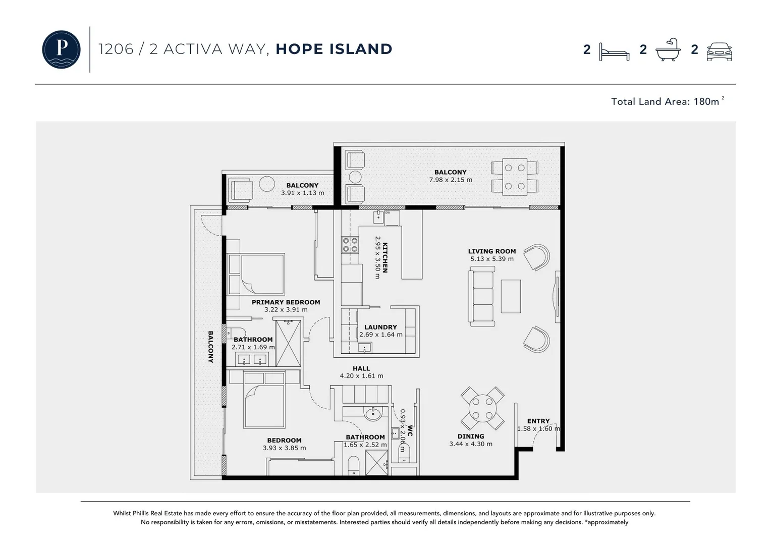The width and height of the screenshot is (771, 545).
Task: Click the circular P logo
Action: pyautogui.click(x=61, y=49)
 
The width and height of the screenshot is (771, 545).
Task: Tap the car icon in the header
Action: pyautogui.click(x=719, y=51)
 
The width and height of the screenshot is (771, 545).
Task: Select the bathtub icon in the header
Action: pyautogui.click(x=668, y=50)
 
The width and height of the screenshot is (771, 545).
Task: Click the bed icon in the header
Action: pyautogui.click(x=614, y=51)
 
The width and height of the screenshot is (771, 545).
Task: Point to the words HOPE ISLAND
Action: pyautogui.click(x=334, y=49)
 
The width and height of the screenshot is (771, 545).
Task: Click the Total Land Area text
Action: pyautogui.click(x=666, y=101)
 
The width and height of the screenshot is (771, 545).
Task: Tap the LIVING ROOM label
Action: pyautogui.click(x=491, y=251)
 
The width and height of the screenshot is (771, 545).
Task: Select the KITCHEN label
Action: pyautogui.click(x=385, y=258)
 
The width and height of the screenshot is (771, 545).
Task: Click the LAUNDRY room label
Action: pyautogui.click(x=380, y=327)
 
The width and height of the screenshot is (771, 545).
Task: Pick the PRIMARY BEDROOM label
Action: pyautogui.click(x=286, y=302)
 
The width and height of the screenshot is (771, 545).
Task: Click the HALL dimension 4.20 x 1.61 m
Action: pyautogui.click(x=361, y=376)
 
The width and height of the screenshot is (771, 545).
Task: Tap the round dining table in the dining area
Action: pyautogui.click(x=482, y=408)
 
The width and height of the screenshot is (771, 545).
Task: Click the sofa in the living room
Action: pyautogui.click(x=481, y=296)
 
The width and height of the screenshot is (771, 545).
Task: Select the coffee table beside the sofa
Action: pyautogui.click(x=511, y=296)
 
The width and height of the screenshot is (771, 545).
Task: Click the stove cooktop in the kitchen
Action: pyautogui.click(x=350, y=245)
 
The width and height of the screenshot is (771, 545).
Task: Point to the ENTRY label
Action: pyautogui.click(x=538, y=421)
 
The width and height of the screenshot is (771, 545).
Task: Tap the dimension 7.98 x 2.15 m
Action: pyautogui.click(x=451, y=180)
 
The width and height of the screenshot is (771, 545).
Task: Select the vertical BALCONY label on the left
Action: pyautogui.click(x=210, y=347)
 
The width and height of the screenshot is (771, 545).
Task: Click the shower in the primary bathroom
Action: pyautogui.click(x=288, y=343)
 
